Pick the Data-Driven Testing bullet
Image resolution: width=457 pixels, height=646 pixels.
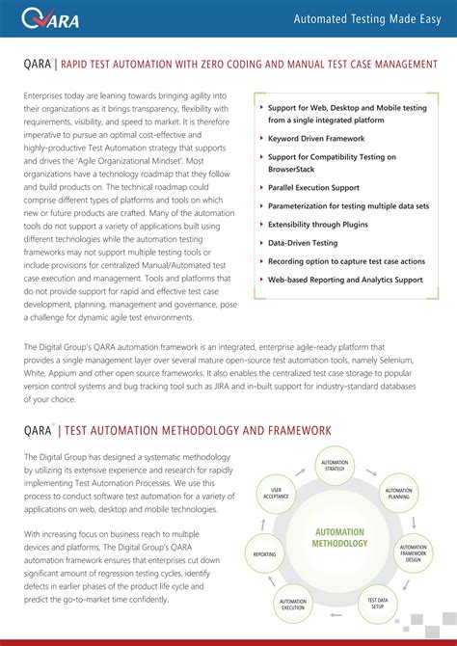pyautogui.click(x=303, y=243)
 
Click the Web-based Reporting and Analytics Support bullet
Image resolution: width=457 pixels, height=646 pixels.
pyautogui.click(x=345, y=280)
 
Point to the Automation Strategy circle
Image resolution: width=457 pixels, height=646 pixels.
pyautogui.click(x=334, y=467)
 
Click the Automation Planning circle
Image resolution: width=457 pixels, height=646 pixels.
pyautogui.click(x=398, y=493)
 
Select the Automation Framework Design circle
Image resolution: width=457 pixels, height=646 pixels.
pyautogui.click(x=413, y=552)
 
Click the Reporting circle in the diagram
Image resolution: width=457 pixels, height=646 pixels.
pyautogui.click(x=264, y=554)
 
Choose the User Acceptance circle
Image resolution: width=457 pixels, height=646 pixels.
pyautogui.click(x=277, y=492)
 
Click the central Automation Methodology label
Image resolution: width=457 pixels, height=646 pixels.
pyautogui.click(x=339, y=537)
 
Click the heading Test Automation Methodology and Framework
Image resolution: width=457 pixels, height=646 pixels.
pyautogui.click(x=198, y=430)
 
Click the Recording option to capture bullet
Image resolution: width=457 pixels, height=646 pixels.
pyautogui.click(x=346, y=261)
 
